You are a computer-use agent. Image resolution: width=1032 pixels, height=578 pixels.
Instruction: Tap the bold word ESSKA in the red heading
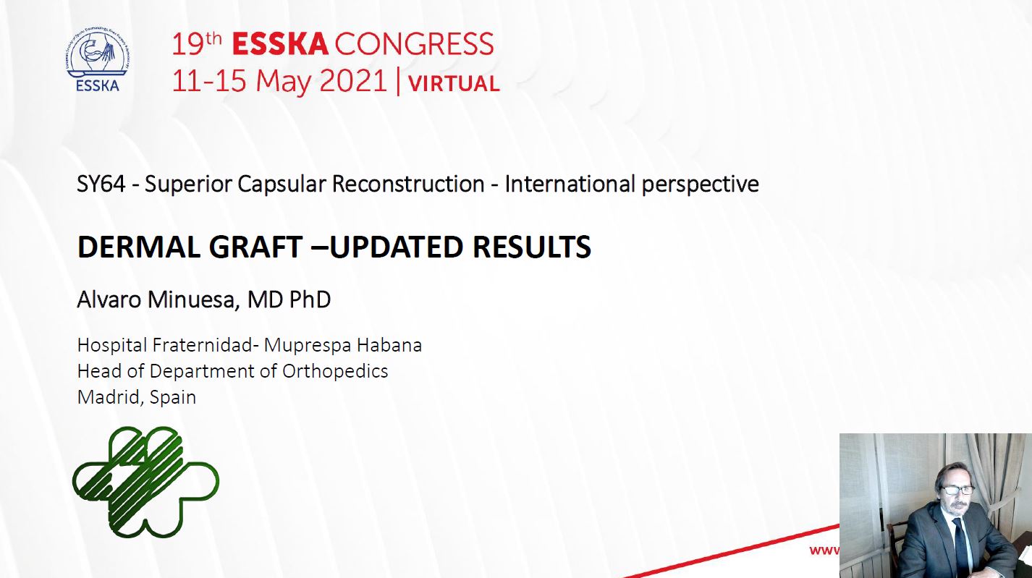280,44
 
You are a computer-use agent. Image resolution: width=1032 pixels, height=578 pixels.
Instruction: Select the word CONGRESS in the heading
414,44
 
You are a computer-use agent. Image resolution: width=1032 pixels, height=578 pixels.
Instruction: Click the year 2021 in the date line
353,80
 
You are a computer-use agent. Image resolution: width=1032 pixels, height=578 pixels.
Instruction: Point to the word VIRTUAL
454,84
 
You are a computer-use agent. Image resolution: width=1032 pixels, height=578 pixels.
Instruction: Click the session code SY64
101,184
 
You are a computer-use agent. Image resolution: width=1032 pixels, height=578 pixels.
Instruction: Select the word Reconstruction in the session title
408,184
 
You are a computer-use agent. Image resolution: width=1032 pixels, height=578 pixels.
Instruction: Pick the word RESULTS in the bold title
531,247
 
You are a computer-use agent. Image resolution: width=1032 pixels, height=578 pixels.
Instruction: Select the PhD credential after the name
310,299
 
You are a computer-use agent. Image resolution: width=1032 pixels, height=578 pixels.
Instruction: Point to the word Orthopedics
335,371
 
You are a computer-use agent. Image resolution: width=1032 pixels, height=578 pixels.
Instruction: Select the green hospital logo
145,482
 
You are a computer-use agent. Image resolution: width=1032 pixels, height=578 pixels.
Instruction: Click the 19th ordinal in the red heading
197,43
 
